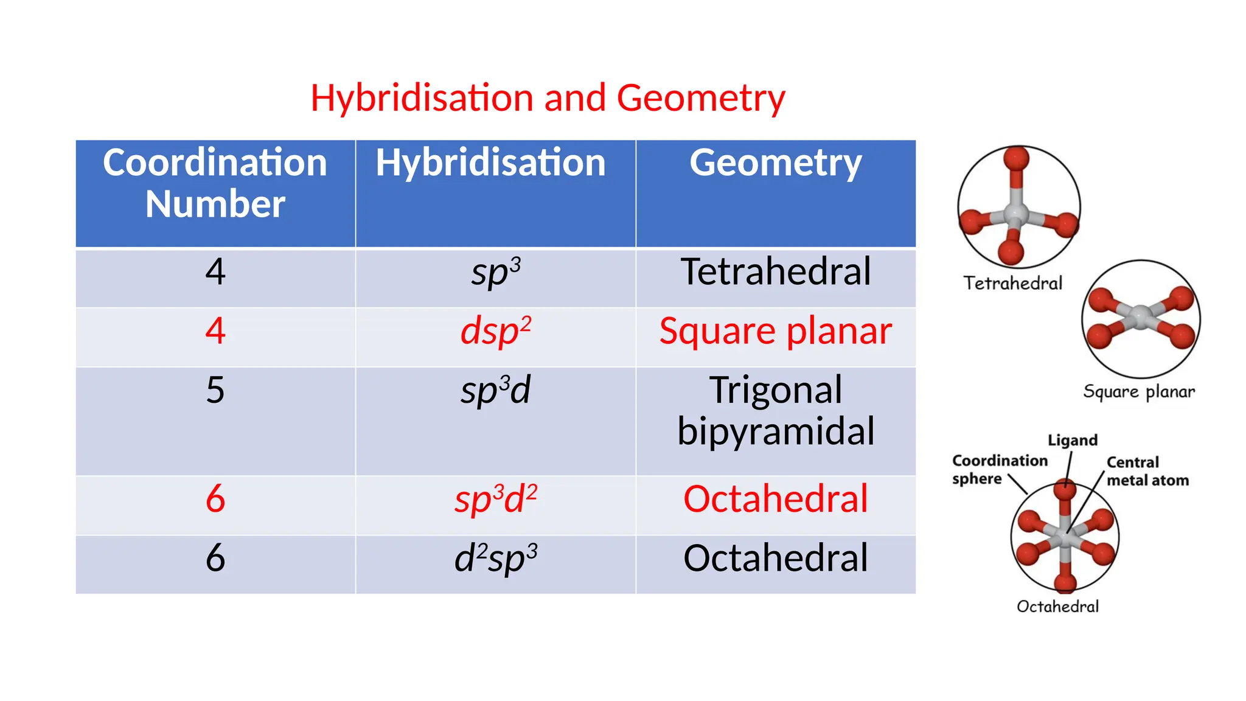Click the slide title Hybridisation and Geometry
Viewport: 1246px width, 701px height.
point(548,99)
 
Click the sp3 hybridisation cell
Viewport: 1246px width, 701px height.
point(496,273)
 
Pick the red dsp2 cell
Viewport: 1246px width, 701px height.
point(496,332)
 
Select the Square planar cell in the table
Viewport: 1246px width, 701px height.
point(775,332)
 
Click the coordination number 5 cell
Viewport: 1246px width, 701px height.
point(215,391)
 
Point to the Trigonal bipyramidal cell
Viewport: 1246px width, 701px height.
point(775,411)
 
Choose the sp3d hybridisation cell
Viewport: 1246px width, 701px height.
point(496,391)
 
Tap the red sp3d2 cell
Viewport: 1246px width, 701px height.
point(496,500)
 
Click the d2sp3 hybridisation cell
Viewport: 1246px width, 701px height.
point(496,559)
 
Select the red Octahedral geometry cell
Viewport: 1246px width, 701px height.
point(775,500)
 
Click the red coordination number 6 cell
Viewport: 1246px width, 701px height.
point(215,500)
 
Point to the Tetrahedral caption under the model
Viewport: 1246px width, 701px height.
point(1012,284)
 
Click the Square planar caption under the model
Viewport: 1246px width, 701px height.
point(1138,392)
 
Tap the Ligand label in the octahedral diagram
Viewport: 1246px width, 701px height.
point(1072,440)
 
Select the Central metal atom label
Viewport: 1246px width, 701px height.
point(1146,472)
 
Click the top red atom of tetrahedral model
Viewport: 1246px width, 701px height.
point(1016,159)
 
